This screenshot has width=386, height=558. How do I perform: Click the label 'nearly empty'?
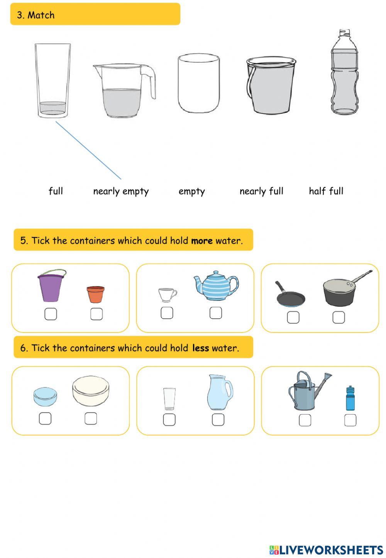tap(121, 191)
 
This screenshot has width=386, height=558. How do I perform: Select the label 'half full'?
tap(326, 191)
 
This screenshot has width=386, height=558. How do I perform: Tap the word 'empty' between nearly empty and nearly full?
tap(191, 191)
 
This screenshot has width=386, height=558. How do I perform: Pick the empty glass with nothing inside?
tap(198, 83)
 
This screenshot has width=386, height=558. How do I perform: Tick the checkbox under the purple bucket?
tap(51, 314)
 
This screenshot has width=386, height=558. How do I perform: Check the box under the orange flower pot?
tap(96, 314)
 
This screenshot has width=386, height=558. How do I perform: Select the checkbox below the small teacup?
tap(167, 313)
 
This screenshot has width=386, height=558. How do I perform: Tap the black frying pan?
tap(290, 296)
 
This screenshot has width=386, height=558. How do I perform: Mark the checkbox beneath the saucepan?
tap(339, 317)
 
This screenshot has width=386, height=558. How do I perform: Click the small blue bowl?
tap(45, 397)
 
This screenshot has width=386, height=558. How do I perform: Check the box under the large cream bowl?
tap(91, 418)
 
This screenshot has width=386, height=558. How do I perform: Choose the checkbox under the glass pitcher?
tap(218, 420)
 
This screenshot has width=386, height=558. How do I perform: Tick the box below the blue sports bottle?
tap(350, 420)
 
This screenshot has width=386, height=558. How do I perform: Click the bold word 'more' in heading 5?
tap(202, 241)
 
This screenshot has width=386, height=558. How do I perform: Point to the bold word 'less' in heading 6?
tap(200, 348)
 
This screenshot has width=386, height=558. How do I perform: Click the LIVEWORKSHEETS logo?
tap(326, 550)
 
